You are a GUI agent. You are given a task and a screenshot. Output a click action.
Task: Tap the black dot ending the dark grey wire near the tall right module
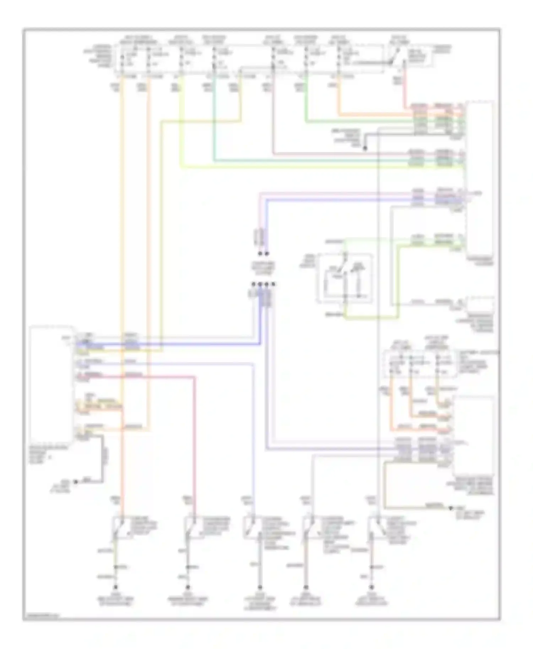365,148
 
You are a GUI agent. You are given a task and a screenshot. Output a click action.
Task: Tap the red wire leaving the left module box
160,377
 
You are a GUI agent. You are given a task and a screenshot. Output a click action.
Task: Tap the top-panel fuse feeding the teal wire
214,59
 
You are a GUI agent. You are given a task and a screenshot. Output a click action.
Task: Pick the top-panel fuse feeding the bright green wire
306,59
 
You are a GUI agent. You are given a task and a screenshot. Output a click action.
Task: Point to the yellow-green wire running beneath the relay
370,317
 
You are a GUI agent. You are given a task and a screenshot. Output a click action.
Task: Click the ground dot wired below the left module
75,482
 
